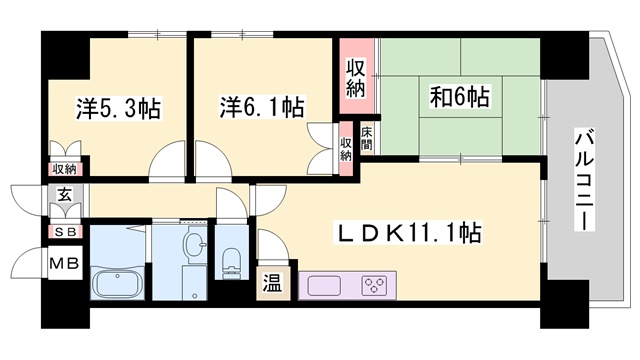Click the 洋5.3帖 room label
click(118, 108)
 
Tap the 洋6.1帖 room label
click(262, 107)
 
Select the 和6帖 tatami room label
click(460, 97)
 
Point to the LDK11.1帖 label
click(407, 232)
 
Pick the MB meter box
click(64, 263)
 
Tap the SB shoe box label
click(65, 232)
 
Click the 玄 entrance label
click(64, 195)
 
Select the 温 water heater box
click(273, 284)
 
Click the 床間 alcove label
click(367, 138)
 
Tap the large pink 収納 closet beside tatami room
click(356, 76)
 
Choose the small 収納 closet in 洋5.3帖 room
click(65, 169)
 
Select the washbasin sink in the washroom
click(193, 243)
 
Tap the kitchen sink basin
click(324, 286)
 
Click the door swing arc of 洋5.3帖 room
click(162, 152)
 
